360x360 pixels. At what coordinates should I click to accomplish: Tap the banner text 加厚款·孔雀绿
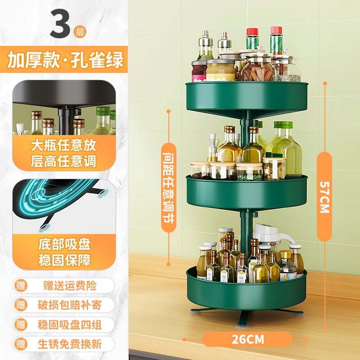(x=65, y=60)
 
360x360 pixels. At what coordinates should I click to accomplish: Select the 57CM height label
(x=325, y=197)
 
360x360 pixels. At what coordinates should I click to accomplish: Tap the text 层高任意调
(x=63, y=161)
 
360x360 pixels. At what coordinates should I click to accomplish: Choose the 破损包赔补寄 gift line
(x=69, y=305)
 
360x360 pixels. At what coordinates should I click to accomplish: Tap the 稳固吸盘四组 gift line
(x=69, y=324)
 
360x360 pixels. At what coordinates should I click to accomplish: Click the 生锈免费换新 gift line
(x=69, y=344)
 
